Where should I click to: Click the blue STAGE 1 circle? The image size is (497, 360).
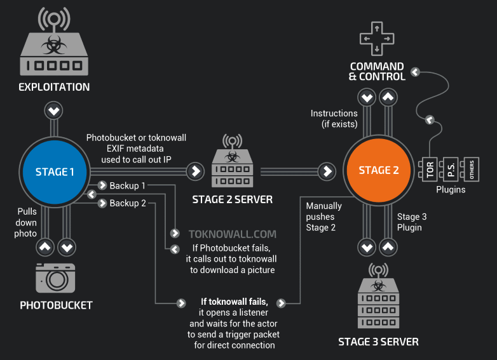(x=55, y=172)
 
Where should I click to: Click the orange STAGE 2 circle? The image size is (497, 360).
(x=378, y=170)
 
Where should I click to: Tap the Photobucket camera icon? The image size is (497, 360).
(x=55, y=278)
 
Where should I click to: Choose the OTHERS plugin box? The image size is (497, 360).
(x=470, y=170)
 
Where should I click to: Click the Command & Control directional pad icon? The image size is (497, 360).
(x=377, y=39)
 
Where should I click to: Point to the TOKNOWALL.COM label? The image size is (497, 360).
(x=233, y=234)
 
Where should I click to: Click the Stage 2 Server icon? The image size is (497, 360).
(x=233, y=161)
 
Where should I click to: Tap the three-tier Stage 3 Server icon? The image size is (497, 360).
(x=378, y=296)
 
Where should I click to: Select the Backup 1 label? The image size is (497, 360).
(x=127, y=185)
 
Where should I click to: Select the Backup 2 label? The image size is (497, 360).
(x=128, y=203)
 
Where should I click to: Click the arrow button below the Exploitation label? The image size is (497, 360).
(x=53, y=111)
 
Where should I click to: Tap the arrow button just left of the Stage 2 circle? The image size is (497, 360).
(x=327, y=171)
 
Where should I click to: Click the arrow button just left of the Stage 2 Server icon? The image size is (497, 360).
(x=196, y=171)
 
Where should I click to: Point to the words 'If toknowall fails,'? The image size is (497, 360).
(x=235, y=302)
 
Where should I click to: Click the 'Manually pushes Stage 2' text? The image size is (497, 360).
(x=323, y=217)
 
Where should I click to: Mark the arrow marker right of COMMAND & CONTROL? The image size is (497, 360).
(x=415, y=72)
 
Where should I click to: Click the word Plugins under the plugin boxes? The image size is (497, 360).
(x=451, y=190)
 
